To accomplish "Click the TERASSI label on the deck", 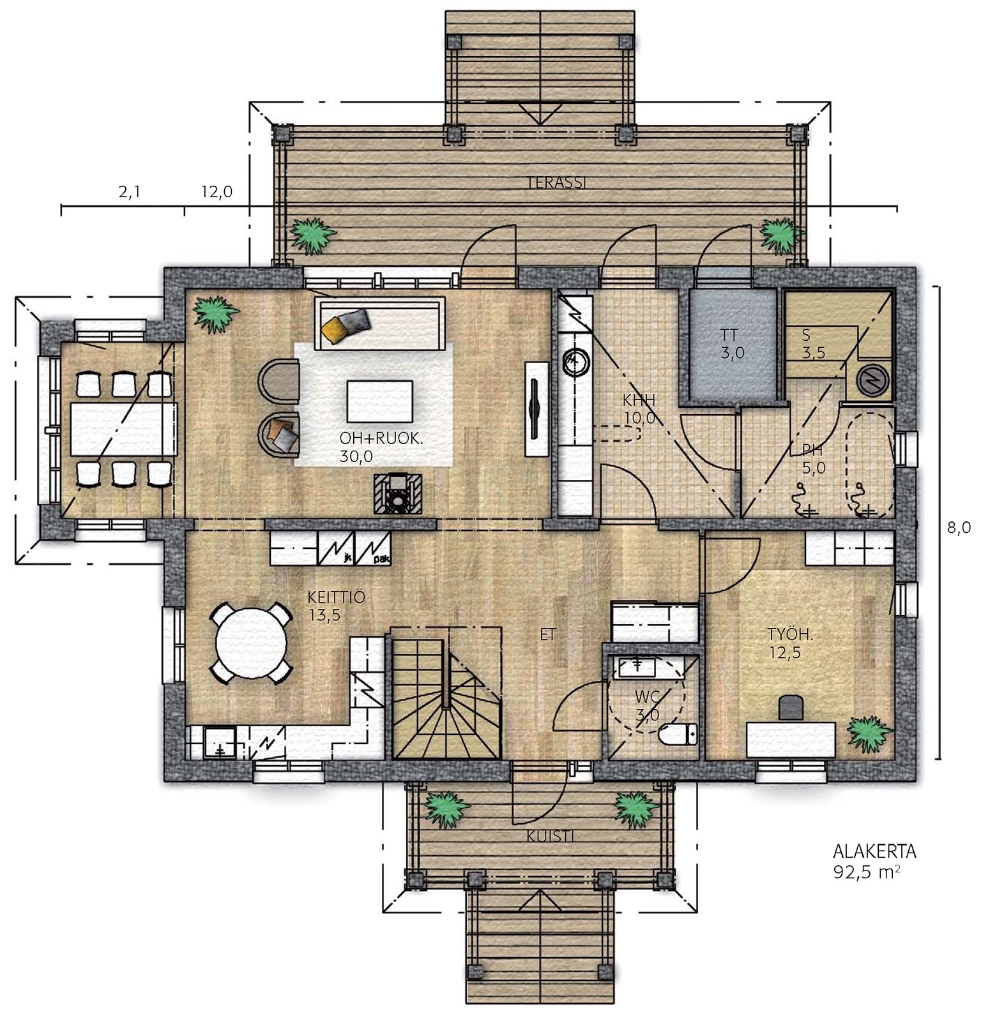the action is pos(556,183).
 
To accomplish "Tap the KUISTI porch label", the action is pos(551,836).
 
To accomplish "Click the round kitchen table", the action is pos(251,643).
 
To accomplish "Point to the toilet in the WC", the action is pos(678,735).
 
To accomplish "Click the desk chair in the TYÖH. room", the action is pos(791,708).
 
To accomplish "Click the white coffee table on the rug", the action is pos(379,401).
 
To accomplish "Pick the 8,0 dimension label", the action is pos(959,528).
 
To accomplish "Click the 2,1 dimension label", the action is pos(129,193).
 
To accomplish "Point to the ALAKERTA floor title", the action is pos(875,851).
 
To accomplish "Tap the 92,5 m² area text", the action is pos(867,872).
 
